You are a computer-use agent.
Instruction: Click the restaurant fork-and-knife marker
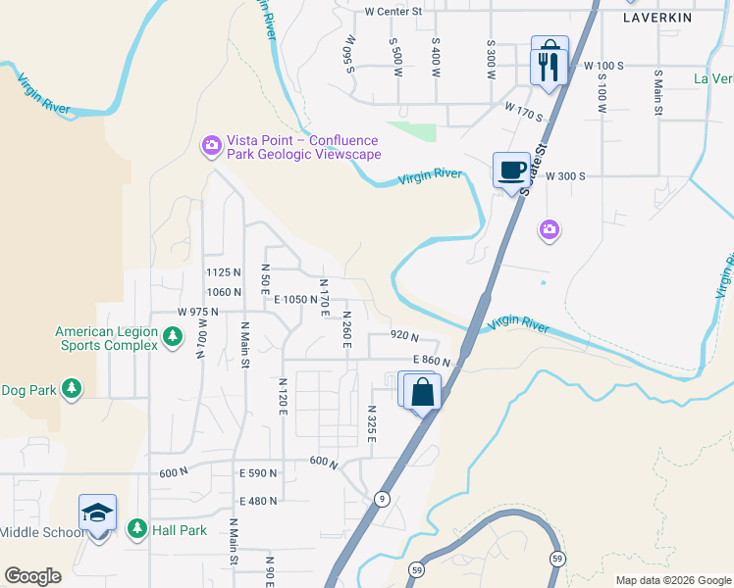point(548,66)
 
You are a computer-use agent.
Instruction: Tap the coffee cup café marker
point(511,170)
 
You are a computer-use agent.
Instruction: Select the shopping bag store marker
point(423,392)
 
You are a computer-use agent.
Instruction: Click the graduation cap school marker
point(97,514)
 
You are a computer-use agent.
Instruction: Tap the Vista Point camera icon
point(211,146)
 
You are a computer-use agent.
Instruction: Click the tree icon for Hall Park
point(136,529)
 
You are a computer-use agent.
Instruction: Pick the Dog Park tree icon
point(71,389)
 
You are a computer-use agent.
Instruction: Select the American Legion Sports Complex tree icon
point(173,338)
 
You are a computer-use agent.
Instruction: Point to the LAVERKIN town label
point(657,18)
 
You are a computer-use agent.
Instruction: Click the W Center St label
point(393,12)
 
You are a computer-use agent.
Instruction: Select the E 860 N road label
point(431,361)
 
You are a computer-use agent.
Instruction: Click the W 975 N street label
point(197,312)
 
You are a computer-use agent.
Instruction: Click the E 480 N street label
point(258,501)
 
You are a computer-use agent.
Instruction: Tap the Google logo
point(32,576)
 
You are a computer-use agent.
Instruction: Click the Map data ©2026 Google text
point(672,580)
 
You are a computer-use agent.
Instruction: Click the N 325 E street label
point(372,423)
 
